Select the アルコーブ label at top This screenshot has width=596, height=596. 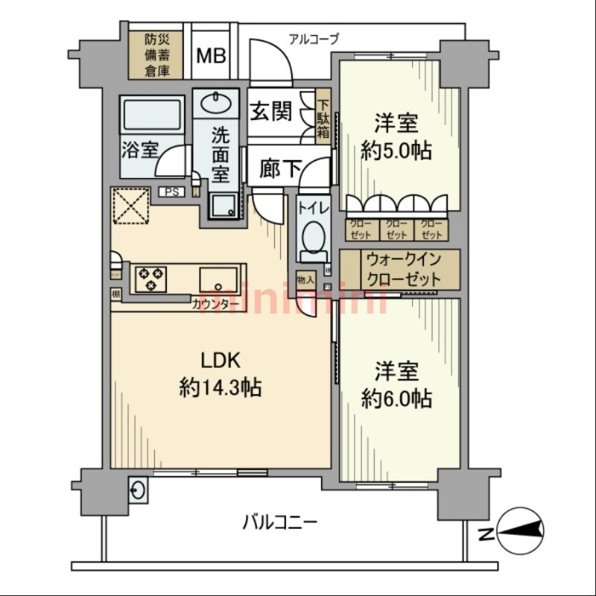[x=314, y=38]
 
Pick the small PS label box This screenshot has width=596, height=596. [x=171, y=192]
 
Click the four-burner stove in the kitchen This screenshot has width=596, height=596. [x=151, y=279]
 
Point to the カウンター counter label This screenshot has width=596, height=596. [x=215, y=304]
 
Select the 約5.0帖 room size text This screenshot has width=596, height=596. [x=395, y=150]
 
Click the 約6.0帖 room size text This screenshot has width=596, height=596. [x=395, y=398]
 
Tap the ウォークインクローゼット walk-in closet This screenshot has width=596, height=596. [x=401, y=270]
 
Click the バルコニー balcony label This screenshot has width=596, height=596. [x=279, y=521]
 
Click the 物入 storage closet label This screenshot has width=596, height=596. [x=305, y=280]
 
